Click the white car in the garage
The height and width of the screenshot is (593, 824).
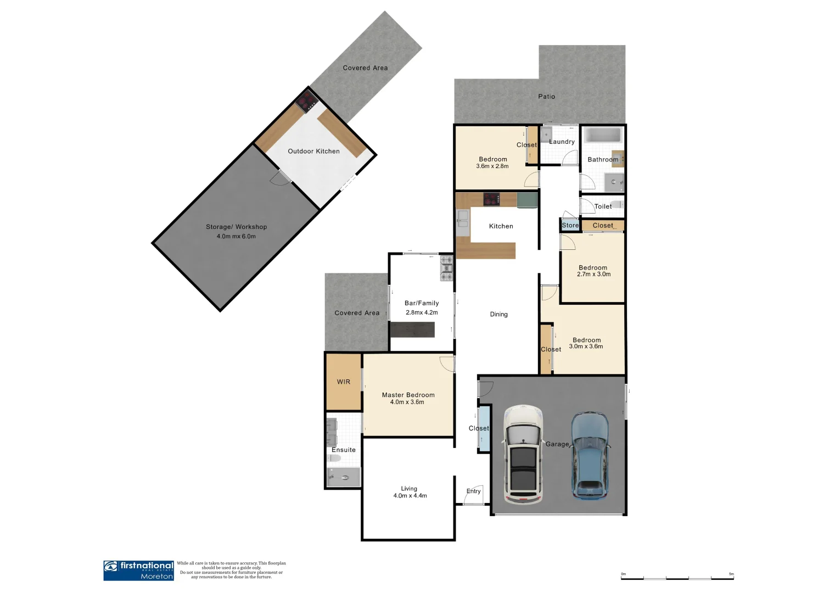tap(523, 455)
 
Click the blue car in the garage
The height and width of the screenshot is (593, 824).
tap(590, 455)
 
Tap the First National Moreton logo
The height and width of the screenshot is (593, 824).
tap(139, 570)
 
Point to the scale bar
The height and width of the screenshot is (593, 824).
tap(677, 577)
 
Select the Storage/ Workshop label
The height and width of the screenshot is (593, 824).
tap(236, 227)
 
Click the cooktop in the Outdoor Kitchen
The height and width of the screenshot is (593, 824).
tap(306, 102)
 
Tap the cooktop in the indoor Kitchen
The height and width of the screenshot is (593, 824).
tap(491, 199)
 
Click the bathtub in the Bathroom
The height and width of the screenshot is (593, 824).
tap(602, 136)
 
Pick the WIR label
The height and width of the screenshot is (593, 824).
tap(344, 382)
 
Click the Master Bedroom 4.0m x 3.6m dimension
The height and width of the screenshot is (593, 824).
tap(407, 402)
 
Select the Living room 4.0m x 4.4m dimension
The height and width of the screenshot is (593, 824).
tap(410, 496)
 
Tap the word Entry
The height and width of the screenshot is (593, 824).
tap(473, 491)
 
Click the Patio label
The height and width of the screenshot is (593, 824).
tap(546, 97)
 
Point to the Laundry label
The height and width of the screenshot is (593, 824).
tap(562, 142)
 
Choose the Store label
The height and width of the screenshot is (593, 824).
tap(570, 226)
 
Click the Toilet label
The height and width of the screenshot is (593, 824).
tap(603, 206)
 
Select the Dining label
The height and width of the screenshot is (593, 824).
tap(498, 315)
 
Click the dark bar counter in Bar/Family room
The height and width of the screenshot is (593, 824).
tap(412, 329)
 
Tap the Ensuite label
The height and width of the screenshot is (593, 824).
tap(344, 450)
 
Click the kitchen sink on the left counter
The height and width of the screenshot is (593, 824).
tap(462, 219)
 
